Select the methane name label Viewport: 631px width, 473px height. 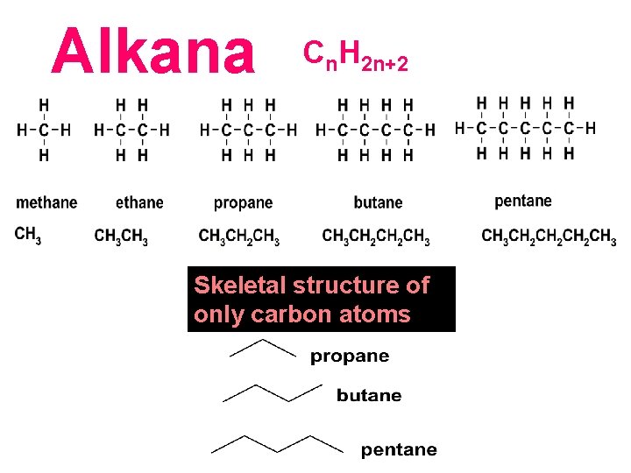point(46,203)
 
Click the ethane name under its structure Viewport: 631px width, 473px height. point(139,203)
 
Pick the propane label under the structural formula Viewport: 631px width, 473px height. point(243,203)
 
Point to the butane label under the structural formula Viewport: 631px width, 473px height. point(378,203)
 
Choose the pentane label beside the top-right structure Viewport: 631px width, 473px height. point(523,201)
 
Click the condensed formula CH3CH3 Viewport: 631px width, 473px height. point(121,236)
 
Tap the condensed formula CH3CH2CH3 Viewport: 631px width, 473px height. point(239,236)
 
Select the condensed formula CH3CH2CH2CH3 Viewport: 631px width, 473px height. point(376,236)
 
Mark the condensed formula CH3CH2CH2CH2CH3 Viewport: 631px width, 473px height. point(549,236)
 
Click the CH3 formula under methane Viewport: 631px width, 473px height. point(28,235)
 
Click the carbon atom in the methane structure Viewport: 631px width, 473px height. point(44,131)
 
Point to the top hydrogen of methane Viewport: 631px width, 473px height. point(44,104)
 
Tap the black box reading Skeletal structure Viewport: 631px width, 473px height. point(322,300)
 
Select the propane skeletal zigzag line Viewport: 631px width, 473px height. point(262,349)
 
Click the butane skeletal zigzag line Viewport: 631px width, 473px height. point(273,392)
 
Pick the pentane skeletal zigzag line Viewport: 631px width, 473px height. point(277,443)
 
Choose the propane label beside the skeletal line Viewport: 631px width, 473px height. point(350,357)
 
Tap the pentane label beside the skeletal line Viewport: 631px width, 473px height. point(399,450)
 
